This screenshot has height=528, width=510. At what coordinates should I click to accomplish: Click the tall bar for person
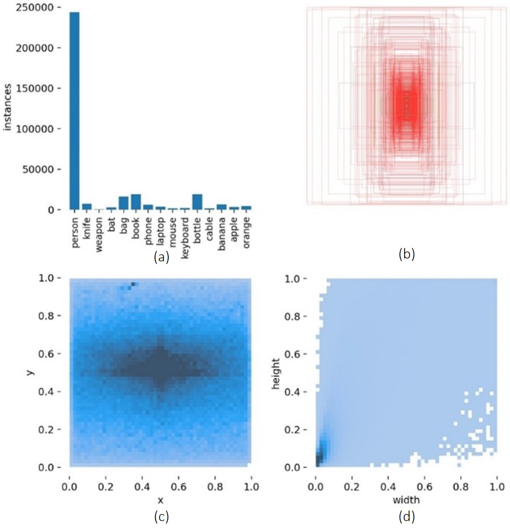[74, 111]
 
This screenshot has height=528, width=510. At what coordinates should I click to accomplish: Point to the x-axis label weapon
[99, 234]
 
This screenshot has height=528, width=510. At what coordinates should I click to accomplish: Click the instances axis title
[8, 107]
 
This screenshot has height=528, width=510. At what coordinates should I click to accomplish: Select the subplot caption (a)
[161, 257]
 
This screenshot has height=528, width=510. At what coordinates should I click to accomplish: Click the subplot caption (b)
[407, 254]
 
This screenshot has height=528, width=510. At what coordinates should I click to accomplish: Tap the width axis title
[406, 500]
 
